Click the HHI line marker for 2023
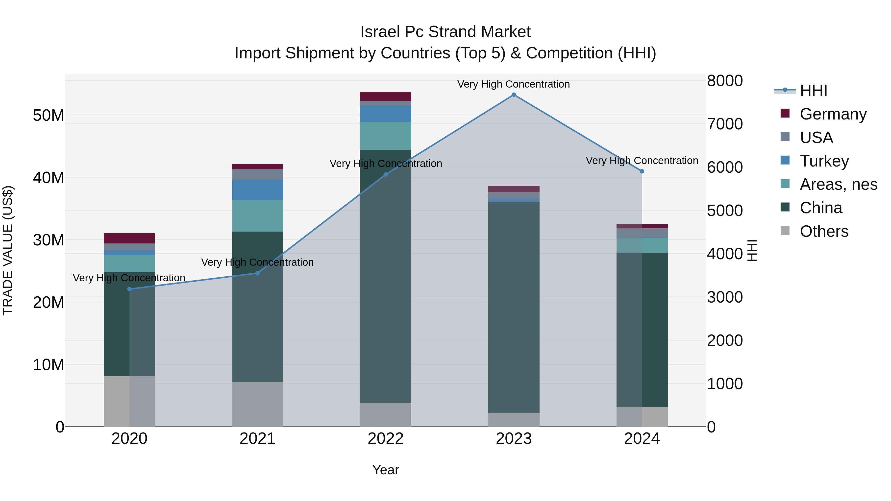click(514, 95)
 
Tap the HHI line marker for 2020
click(129, 289)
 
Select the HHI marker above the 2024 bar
click(642, 171)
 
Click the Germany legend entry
click(833, 114)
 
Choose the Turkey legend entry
click(824, 161)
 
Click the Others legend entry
click(824, 231)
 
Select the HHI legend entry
click(813, 90)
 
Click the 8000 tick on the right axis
click(725, 81)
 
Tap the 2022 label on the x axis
click(385, 439)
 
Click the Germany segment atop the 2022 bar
click(385, 96)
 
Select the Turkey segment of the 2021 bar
click(257, 190)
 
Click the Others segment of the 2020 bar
click(129, 401)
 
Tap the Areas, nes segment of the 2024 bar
click(642, 245)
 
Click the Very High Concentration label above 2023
click(514, 84)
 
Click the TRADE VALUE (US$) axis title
click(8, 250)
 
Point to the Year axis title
click(385, 470)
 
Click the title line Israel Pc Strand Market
click(445, 32)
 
